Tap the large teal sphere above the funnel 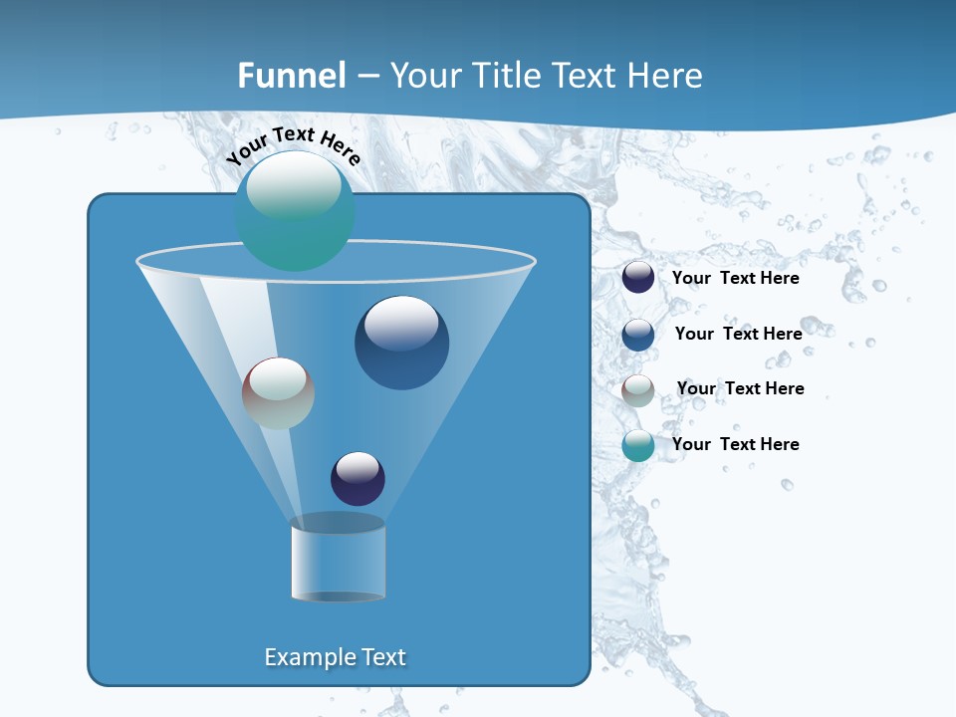click(295, 211)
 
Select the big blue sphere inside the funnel click(401, 343)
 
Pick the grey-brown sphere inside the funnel click(278, 393)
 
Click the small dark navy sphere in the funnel click(358, 478)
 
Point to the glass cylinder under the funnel click(338, 560)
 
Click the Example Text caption click(336, 657)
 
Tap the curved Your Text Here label click(293, 146)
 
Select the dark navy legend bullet click(638, 278)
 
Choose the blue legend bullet click(638, 335)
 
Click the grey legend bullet click(638, 390)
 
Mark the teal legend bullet click(638, 445)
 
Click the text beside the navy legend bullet click(735, 279)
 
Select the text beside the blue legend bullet click(738, 334)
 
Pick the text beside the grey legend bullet click(740, 388)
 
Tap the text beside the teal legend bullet click(735, 444)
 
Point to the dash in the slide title click(368, 77)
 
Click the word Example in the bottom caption click(308, 657)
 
